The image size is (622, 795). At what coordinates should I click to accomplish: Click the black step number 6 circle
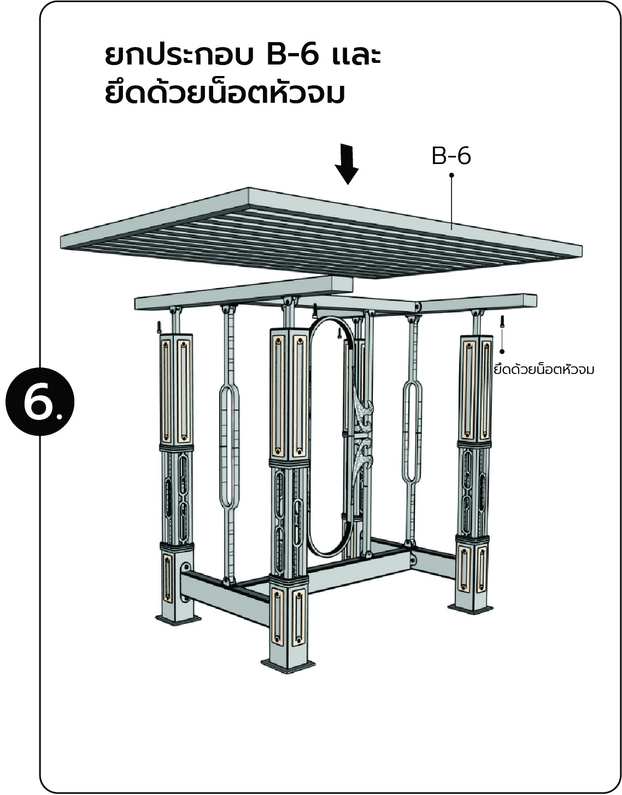(x=40, y=401)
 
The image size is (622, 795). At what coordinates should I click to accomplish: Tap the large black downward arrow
(x=347, y=164)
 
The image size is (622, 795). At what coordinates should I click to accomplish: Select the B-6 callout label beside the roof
(x=451, y=156)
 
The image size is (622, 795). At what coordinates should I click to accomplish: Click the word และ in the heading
(x=355, y=56)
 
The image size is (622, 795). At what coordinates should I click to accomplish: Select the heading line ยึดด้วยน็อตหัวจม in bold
(x=225, y=93)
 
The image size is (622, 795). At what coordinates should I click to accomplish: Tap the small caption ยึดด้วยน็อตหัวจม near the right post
(x=544, y=370)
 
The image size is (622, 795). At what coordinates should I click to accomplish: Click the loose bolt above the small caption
(x=502, y=321)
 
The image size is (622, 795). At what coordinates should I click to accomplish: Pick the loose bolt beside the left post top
(x=159, y=327)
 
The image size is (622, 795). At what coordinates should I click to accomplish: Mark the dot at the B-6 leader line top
(x=451, y=176)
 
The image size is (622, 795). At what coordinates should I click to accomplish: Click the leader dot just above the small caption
(x=502, y=351)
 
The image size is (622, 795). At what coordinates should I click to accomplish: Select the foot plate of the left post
(x=178, y=619)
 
